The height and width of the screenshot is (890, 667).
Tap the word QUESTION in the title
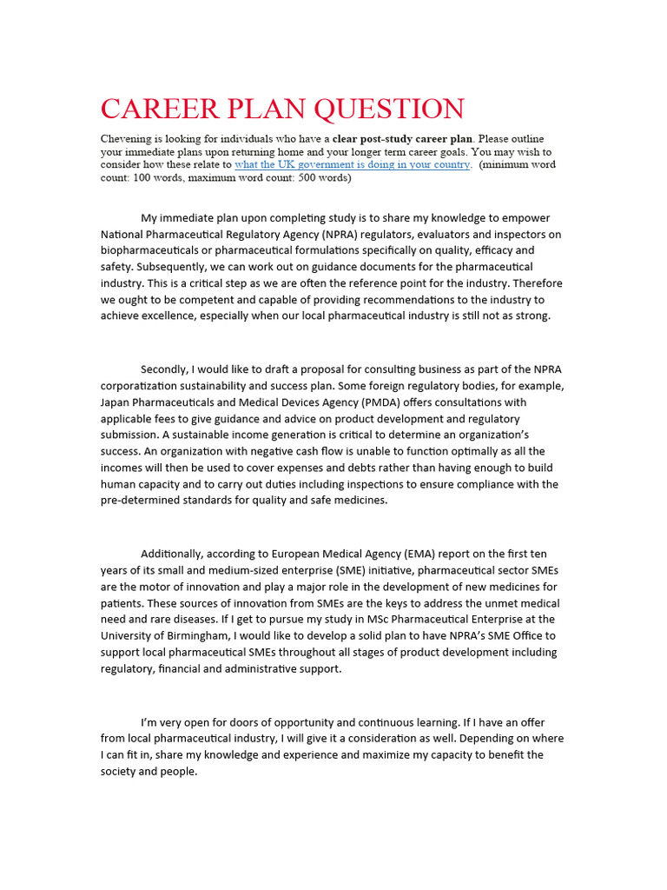coord(388,110)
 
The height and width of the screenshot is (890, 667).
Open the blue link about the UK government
coord(353,164)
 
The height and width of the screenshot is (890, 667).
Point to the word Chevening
coord(130,138)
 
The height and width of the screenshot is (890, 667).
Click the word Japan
coord(116,402)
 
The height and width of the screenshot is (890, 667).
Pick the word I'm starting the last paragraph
coord(149,722)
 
